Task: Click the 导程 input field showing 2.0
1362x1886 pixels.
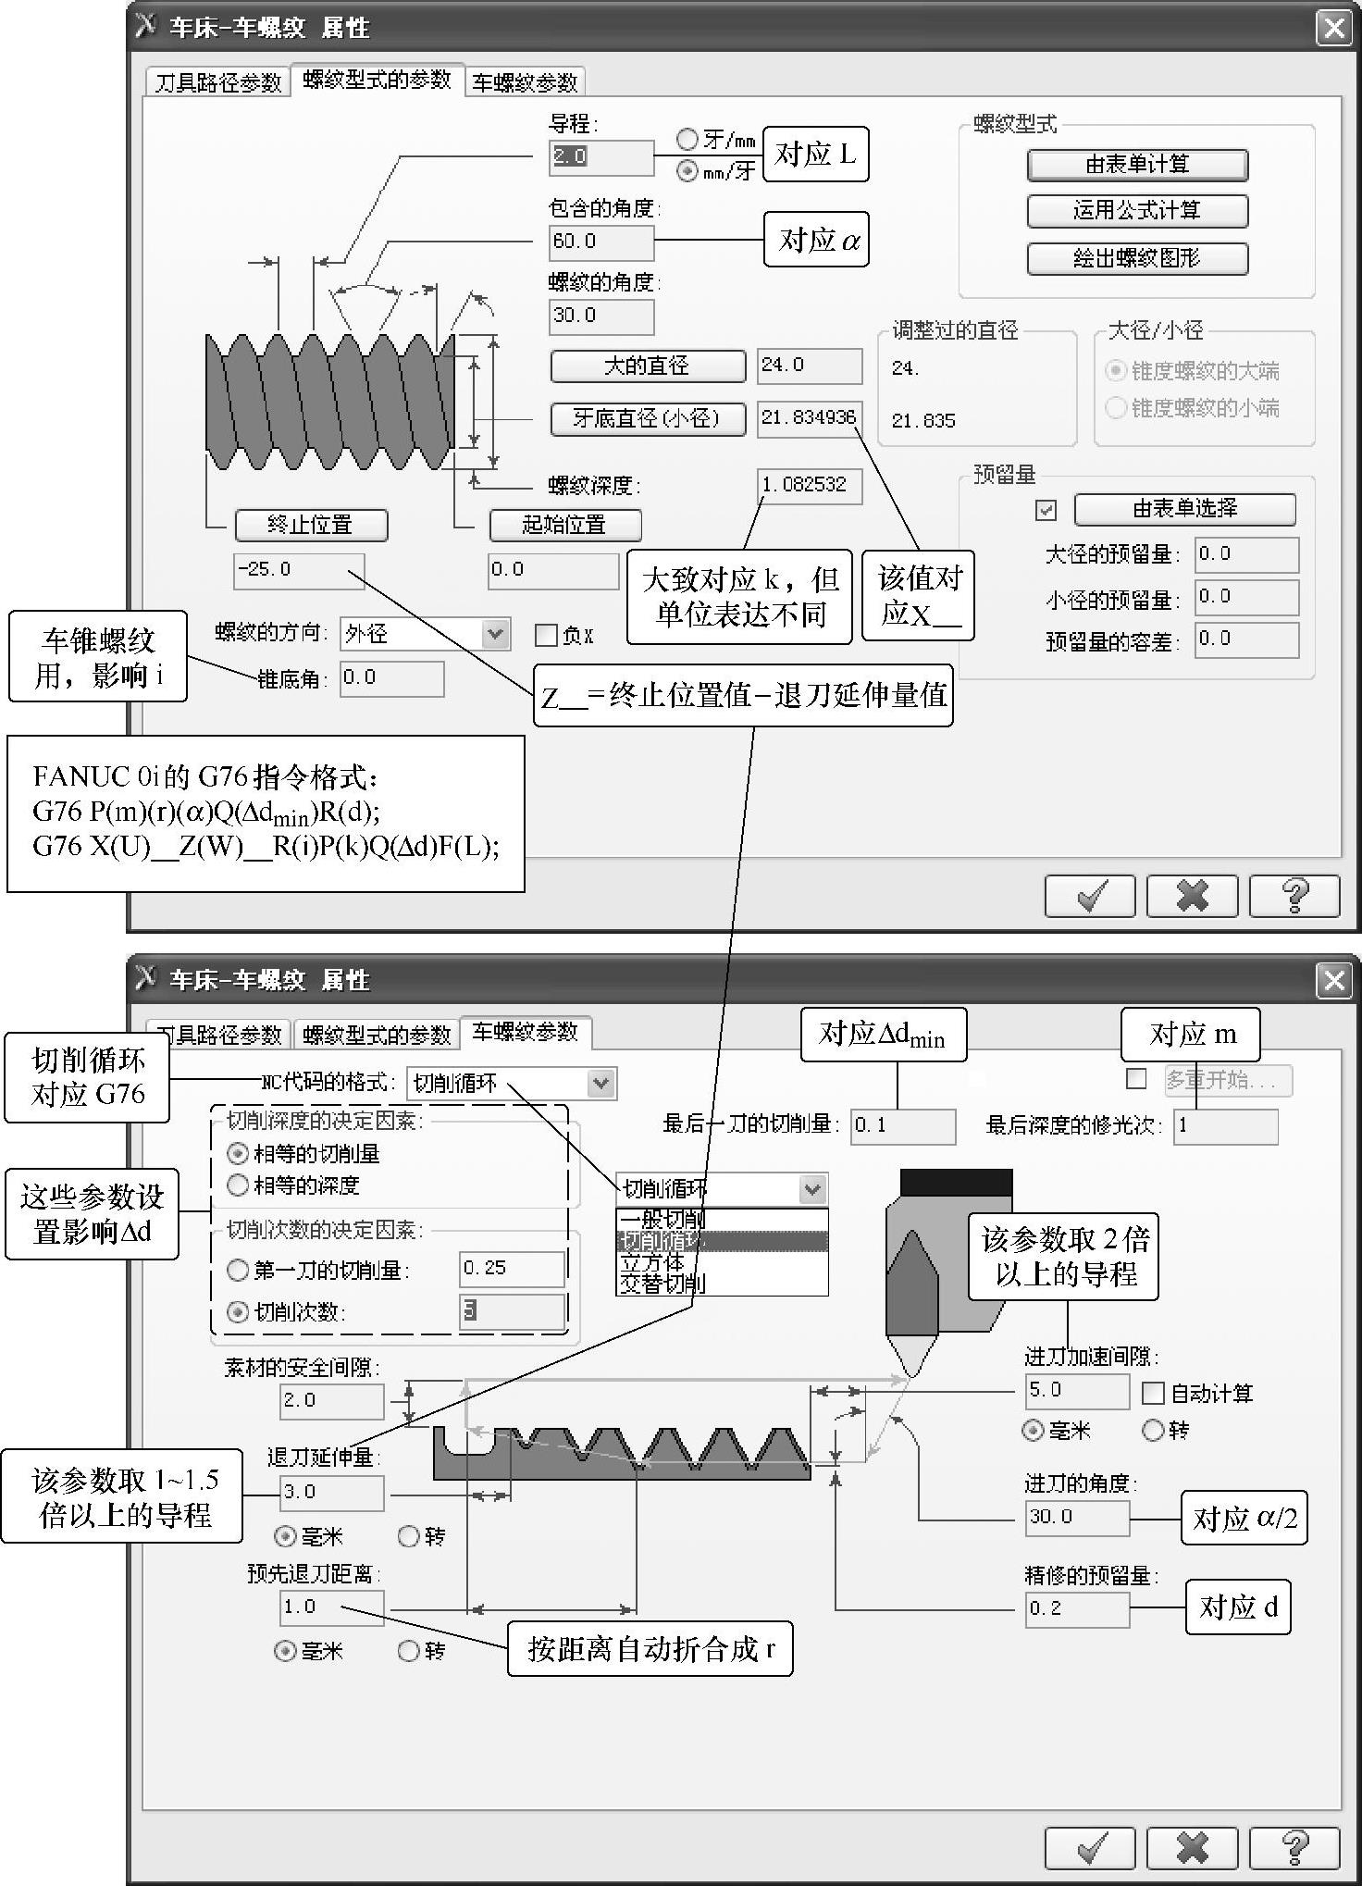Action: (x=601, y=156)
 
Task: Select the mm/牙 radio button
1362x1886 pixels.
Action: (x=687, y=170)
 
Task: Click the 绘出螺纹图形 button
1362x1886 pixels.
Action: (x=1137, y=258)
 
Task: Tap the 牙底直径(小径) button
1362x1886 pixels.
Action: (x=647, y=418)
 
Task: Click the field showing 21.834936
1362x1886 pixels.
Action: (x=809, y=417)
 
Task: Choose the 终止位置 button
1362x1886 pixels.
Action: (x=311, y=526)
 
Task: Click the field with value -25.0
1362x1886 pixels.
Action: (x=298, y=570)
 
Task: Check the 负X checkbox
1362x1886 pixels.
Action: (x=546, y=635)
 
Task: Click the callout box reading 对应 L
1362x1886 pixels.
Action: (x=815, y=155)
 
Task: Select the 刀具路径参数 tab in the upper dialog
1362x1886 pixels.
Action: (x=218, y=82)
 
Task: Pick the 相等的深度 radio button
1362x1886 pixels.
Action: (x=239, y=1185)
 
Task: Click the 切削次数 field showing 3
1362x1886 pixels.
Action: (x=512, y=1311)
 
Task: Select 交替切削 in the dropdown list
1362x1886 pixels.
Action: (x=662, y=1284)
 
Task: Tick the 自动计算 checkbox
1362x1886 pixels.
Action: (x=1153, y=1392)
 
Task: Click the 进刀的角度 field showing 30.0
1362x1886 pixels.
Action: (x=1077, y=1518)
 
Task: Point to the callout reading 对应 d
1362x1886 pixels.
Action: (x=1238, y=1607)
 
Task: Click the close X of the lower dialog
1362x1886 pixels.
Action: (x=1333, y=980)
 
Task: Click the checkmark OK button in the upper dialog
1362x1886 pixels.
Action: (x=1090, y=895)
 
